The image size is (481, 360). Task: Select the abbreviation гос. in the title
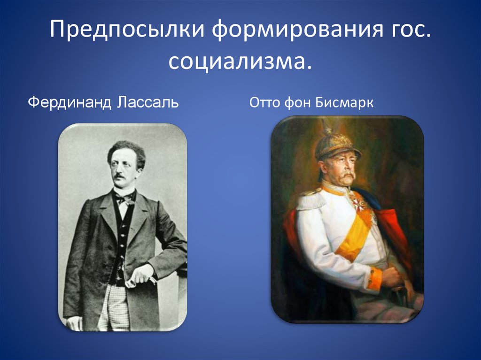click(406, 31)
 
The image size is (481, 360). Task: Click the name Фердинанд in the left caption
click(67, 102)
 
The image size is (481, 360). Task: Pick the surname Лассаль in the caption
click(145, 102)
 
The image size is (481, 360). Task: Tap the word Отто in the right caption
click(264, 102)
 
